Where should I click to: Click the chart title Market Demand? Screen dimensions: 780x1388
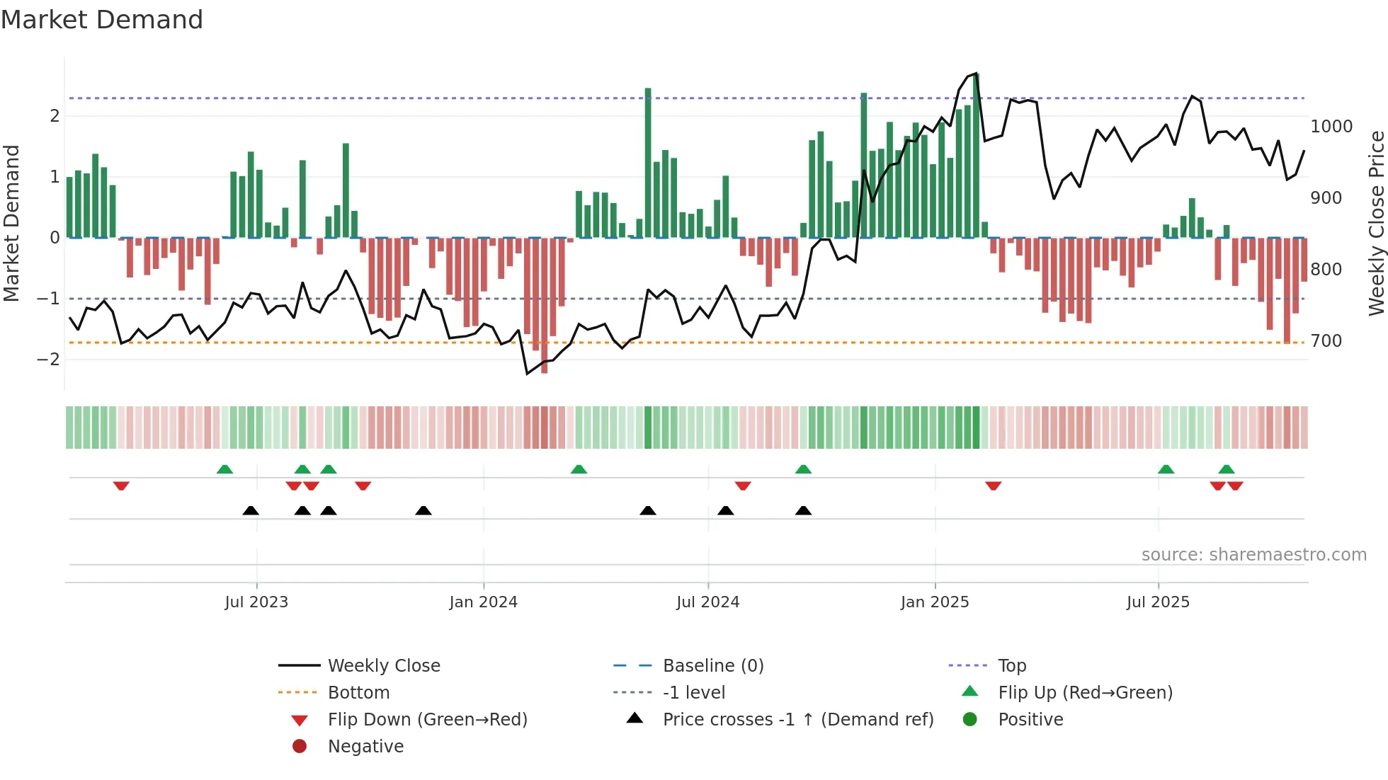(102, 20)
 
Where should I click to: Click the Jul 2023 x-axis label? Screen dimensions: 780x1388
(256, 602)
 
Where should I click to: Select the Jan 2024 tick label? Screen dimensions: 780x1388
(483, 602)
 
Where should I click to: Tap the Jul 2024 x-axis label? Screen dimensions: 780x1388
(707, 602)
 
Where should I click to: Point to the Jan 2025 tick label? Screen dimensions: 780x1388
(935, 602)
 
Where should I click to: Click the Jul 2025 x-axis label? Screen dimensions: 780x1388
(1158, 602)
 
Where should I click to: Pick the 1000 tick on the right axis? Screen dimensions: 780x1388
(1331, 127)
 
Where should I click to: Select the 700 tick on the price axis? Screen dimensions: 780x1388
(1326, 341)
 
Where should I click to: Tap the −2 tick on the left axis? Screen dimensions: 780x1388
(48, 360)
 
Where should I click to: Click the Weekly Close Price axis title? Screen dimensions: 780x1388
(1376, 223)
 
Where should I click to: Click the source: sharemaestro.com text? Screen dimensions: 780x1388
(1253, 555)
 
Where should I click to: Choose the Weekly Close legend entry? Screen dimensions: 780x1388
(384, 666)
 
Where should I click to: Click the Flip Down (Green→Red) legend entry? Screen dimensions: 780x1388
(427, 720)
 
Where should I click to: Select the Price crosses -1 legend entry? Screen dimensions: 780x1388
(797, 720)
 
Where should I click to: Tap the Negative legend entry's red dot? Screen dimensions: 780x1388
(300, 747)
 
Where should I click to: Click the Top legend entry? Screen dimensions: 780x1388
(1012, 666)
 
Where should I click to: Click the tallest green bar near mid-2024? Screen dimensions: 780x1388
(648, 163)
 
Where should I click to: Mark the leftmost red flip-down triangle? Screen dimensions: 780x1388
(121, 486)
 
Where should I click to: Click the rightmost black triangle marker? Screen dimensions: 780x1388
(803, 510)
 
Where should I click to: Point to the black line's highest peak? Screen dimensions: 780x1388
(977, 74)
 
